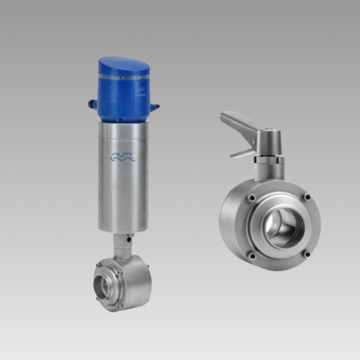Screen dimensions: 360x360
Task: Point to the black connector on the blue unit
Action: (x=93, y=104)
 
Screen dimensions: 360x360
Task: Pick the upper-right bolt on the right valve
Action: (x=307, y=197)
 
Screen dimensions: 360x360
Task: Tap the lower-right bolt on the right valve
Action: (x=306, y=253)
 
